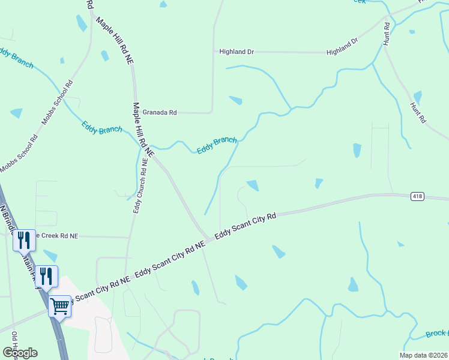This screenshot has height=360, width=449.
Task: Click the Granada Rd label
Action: click(x=159, y=112)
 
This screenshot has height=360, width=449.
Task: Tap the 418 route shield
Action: click(x=418, y=196)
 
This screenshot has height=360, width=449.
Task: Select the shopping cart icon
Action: click(x=60, y=306)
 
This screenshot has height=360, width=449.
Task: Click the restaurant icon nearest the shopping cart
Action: click(x=46, y=276)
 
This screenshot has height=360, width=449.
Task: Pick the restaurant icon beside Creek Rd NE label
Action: click(x=24, y=240)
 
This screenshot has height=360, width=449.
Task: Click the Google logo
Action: click(x=20, y=352)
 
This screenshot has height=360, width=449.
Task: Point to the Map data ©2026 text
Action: click(x=423, y=355)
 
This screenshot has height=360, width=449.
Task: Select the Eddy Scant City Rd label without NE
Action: click(x=245, y=226)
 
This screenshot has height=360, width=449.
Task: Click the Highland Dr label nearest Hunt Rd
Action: click(x=342, y=47)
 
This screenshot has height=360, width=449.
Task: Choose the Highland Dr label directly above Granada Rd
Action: click(x=237, y=52)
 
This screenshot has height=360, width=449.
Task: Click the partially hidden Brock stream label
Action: click(x=436, y=334)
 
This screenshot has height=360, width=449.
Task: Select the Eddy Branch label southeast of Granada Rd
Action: click(x=217, y=145)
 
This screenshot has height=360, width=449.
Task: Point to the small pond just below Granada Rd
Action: click(x=236, y=100)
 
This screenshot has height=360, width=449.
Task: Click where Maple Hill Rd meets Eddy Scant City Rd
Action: click(x=206, y=236)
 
